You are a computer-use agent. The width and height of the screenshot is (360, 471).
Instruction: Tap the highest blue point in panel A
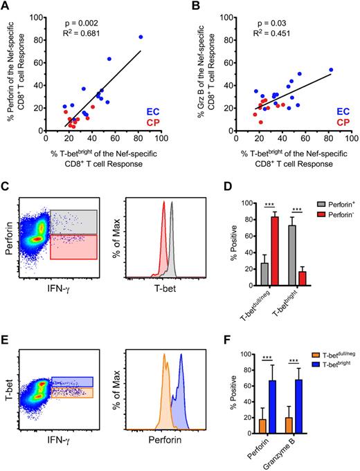click(141, 37)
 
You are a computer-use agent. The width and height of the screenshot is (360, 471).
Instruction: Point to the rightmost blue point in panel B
click(331, 70)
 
